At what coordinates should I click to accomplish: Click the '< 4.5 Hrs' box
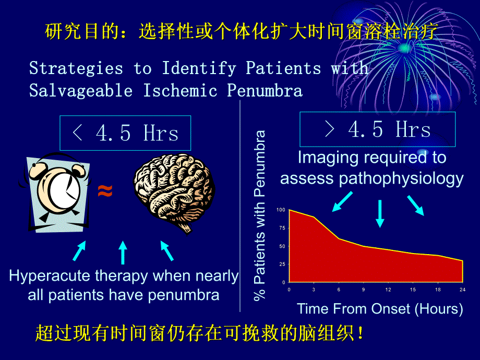point(125,134)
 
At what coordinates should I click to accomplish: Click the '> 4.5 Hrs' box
point(377,129)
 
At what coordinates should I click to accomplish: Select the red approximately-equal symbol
point(105,192)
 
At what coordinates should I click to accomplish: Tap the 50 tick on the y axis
point(282,246)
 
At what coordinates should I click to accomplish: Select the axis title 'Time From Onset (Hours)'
point(380,308)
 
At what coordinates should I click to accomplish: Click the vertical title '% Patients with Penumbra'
point(260,214)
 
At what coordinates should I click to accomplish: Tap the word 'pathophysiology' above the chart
point(402,178)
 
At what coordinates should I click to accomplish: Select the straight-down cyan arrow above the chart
point(380,213)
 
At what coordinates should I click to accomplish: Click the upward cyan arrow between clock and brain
point(123,252)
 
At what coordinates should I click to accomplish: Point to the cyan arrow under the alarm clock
point(79,250)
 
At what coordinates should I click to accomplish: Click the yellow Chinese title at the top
point(241,32)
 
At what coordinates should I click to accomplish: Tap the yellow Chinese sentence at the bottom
point(200,333)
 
